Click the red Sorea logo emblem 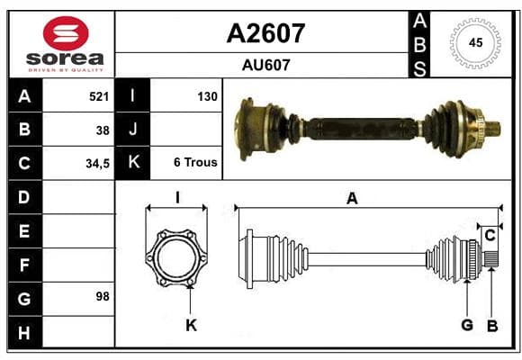(x=66, y=33)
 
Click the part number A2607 (x=265, y=33)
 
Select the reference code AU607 (x=266, y=65)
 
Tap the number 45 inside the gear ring (x=475, y=42)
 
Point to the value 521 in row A (x=99, y=96)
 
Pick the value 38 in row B (x=103, y=130)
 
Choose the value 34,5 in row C (x=97, y=164)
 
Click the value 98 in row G (x=103, y=296)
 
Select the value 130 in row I (x=207, y=96)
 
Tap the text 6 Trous (x=195, y=162)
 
